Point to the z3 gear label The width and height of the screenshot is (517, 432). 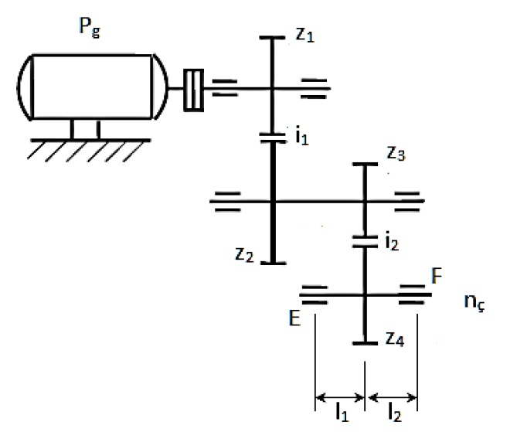(x=396, y=155)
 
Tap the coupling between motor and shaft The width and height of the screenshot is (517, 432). (x=194, y=86)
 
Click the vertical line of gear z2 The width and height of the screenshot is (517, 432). (x=273, y=232)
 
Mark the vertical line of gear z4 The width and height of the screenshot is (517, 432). (x=363, y=321)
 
